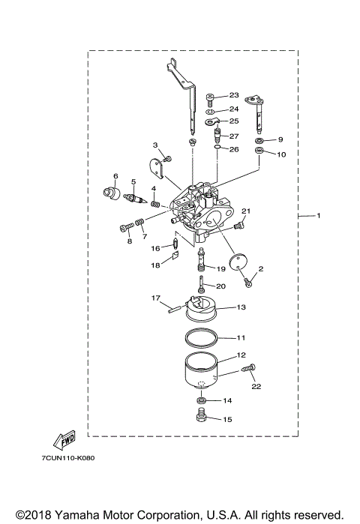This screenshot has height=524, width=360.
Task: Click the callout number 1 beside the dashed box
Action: pos(318,217)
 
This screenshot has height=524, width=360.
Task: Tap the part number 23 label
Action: pos(232,95)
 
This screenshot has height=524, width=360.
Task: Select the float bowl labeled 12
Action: pos(200,369)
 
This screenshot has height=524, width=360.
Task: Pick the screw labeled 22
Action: pos(249,370)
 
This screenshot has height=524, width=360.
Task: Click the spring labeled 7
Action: pos(136,224)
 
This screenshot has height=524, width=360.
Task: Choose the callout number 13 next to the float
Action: pos(241,307)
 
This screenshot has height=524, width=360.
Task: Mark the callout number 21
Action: pos(244,211)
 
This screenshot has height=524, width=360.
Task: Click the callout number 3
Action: pos(155,145)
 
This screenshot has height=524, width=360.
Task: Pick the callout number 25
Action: pos(234,121)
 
